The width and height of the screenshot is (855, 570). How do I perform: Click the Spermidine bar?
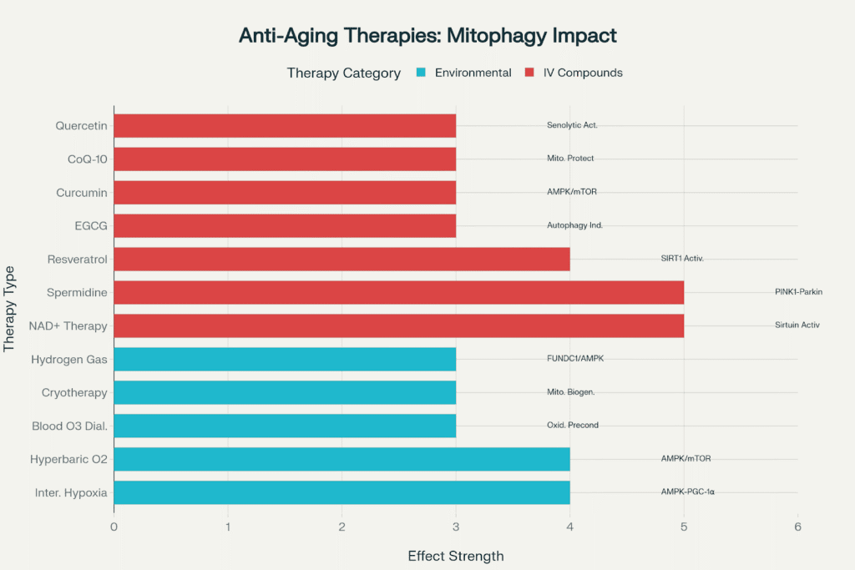398,292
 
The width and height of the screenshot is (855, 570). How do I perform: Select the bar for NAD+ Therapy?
398,325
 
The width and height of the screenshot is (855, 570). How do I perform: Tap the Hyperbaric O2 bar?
341,459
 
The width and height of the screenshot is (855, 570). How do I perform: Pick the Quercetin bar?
285,125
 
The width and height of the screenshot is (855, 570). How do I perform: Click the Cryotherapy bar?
285,392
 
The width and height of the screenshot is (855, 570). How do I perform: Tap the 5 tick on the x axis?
684,527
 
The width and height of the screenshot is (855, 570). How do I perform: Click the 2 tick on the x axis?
341,527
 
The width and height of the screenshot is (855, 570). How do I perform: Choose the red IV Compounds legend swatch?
529,73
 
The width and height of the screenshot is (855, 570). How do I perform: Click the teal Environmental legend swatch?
420,73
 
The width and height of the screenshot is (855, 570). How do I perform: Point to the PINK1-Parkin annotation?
804,292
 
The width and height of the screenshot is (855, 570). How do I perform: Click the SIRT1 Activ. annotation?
682,259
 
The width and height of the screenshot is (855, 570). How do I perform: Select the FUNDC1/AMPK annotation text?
575,359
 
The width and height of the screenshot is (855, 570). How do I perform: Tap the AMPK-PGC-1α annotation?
687,492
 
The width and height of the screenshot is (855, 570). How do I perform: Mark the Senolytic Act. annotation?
572,125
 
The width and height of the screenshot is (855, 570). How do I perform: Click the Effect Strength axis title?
456,556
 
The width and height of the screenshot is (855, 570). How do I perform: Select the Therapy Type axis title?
11,309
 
